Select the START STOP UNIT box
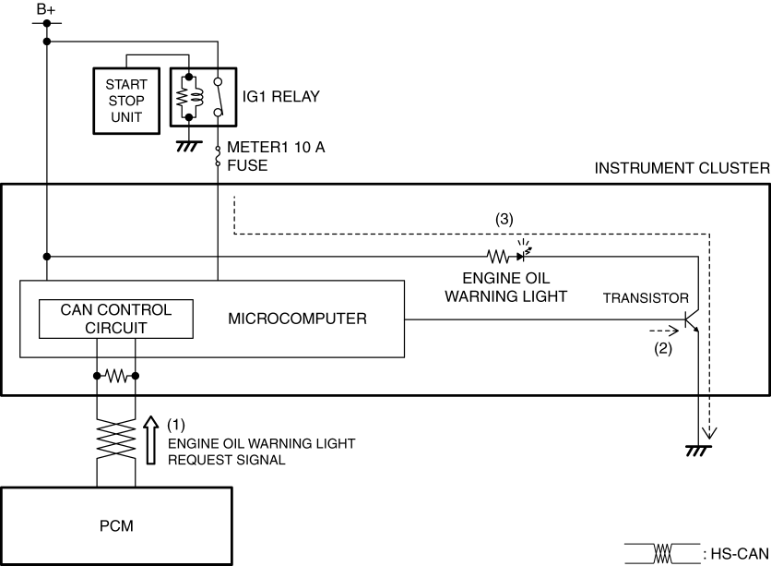pos(126,99)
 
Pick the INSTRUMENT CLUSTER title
pos(682,169)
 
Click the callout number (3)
pos(504,220)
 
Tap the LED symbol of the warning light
pos(524,254)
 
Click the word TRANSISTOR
pos(645,298)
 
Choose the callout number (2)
pos(661,350)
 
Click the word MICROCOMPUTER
pos(297,319)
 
